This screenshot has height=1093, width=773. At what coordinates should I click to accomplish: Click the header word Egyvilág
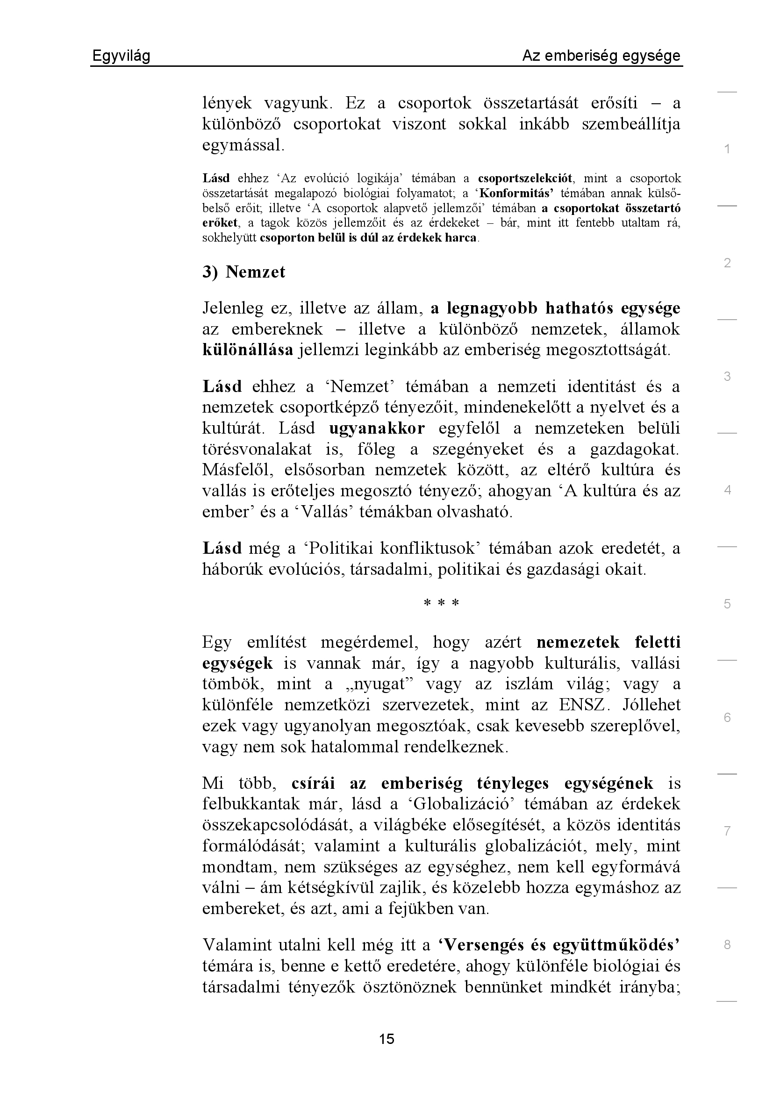tap(121, 56)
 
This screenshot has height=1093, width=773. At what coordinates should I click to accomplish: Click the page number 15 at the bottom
tap(386, 1039)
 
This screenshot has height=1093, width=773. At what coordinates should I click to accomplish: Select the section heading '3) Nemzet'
tap(243, 272)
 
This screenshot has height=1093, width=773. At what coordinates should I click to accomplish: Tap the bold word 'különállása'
tap(248, 350)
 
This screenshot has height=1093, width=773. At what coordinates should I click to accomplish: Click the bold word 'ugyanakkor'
tap(377, 429)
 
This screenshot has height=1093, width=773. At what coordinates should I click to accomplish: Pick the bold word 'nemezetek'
tap(578, 642)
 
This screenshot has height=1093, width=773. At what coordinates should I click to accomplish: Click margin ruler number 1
tap(727, 150)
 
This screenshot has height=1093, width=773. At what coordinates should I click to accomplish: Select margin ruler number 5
tap(727, 604)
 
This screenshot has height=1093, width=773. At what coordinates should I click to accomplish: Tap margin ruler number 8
tap(727, 945)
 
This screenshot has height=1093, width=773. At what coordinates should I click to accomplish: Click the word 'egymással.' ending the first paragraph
tap(243, 145)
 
